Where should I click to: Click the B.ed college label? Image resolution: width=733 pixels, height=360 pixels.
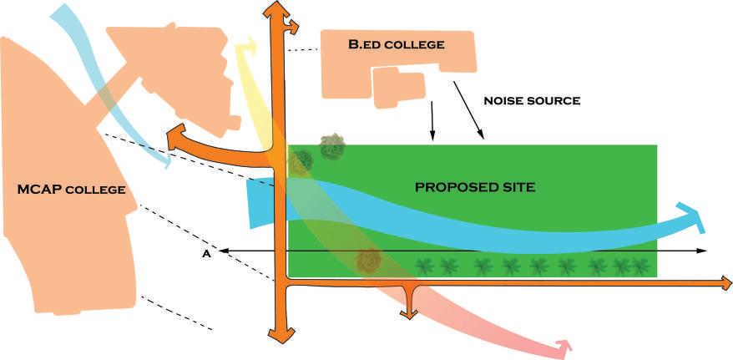tap(396, 44)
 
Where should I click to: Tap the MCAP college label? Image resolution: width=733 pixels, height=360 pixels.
tap(71, 190)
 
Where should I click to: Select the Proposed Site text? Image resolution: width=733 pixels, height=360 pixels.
tap(474, 187)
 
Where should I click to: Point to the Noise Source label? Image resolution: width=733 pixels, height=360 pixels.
tap(532, 101)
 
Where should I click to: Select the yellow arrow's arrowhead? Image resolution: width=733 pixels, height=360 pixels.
tap(245, 48)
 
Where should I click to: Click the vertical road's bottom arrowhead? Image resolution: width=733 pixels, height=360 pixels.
tap(280, 335)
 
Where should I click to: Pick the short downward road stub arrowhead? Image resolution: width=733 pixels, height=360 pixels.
tap(408, 312)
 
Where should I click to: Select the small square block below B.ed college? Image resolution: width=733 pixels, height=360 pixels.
tap(397, 89)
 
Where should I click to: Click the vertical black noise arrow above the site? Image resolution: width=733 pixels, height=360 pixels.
tap(432, 121)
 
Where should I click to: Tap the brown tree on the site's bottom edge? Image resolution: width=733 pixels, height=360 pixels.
tap(368, 261)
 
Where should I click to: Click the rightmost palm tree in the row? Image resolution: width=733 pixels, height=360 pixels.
tap(640, 267)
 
